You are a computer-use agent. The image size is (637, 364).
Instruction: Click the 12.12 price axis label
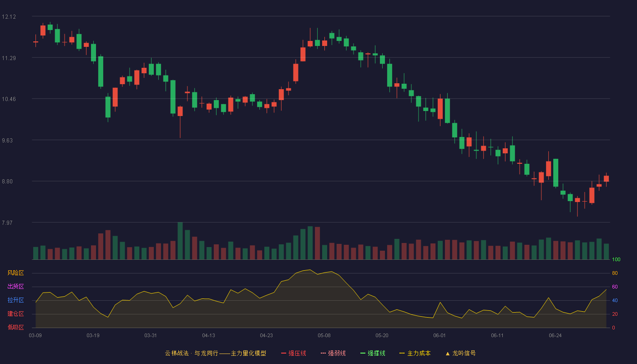point(9,17)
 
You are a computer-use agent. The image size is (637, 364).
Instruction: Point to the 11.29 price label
point(9,58)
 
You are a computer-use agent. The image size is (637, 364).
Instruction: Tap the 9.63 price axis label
point(7,141)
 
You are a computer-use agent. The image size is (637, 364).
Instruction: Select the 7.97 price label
point(7,222)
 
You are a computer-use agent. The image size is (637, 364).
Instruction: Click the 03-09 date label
point(35,336)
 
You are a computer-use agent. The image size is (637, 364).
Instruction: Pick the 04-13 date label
point(208,336)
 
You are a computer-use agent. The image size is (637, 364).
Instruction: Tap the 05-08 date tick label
point(324,336)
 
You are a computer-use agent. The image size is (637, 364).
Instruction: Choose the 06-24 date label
point(555,336)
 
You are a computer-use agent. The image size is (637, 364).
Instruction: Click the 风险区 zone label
point(15,273)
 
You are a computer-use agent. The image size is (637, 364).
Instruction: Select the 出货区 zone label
point(15,286)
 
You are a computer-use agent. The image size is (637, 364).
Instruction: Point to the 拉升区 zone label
point(15,300)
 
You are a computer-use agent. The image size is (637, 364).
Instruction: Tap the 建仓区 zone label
point(15,313)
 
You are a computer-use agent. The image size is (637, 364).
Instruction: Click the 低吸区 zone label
point(15,327)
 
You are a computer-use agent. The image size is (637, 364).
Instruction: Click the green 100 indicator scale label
point(616,259)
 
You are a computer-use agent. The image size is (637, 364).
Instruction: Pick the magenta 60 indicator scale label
point(615,287)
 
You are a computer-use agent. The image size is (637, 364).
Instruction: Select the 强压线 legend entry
point(293,353)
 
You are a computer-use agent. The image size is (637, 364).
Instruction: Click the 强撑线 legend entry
point(373,353)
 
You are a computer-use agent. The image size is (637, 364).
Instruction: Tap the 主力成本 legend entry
point(415,353)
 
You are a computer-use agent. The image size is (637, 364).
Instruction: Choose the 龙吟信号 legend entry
point(460,353)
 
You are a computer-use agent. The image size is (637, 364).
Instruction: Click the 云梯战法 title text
point(177,353)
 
